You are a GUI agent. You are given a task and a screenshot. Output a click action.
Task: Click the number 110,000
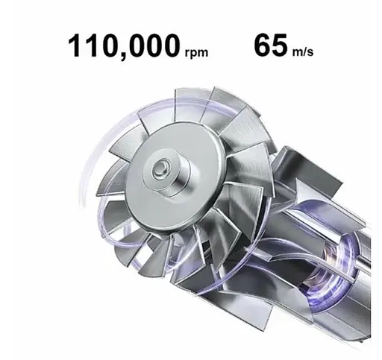tap(122, 46)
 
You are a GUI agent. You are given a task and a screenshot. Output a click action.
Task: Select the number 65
tap(270, 45)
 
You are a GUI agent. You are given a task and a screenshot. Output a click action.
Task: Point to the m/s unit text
tap(302, 51)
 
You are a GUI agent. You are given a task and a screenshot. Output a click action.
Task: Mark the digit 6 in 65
tap(261, 45)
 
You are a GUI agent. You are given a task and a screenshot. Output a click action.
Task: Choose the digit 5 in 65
tap(279, 45)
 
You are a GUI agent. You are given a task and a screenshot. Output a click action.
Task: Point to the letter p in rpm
tap(193, 54)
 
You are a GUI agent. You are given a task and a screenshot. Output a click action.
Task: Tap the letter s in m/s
tap(309, 51)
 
